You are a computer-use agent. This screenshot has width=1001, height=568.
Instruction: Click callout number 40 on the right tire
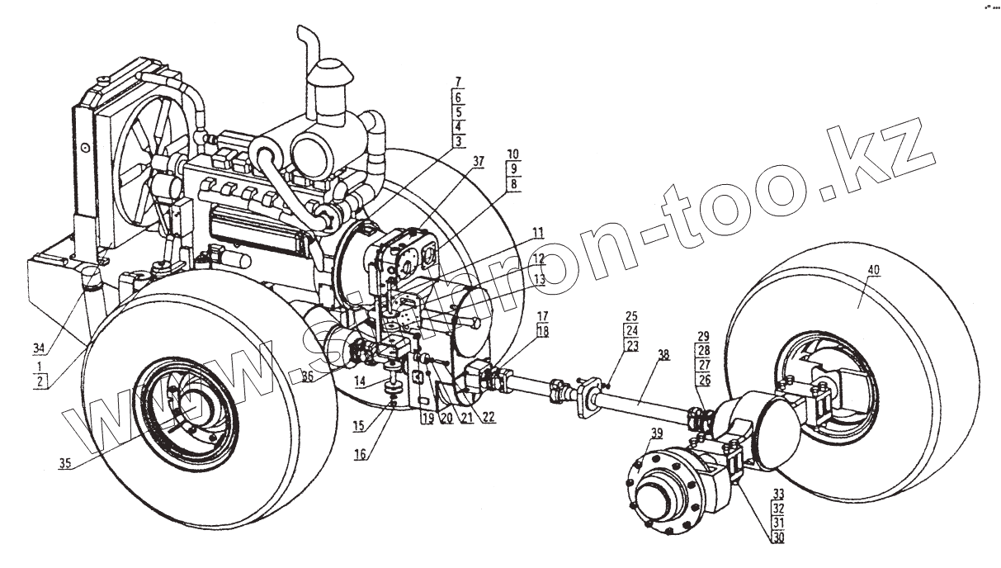[x=873, y=270]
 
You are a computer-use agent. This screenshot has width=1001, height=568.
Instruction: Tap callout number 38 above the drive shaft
[x=663, y=355]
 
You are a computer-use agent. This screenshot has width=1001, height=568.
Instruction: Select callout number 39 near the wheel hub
[x=657, y=434]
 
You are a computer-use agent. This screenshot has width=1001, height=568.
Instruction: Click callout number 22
[x=489, y=418]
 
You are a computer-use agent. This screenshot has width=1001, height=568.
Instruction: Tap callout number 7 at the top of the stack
[x=459, y=83]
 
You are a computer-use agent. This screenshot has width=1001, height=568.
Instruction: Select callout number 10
[x=513, y=154]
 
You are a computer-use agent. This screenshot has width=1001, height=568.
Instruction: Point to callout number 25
[x=631, y=317]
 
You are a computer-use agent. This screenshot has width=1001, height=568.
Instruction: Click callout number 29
[x=702, y=338]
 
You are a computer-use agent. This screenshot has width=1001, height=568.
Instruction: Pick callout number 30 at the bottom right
[x=777, y=537]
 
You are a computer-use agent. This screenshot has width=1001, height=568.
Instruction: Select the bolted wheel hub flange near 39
[x=660, y=491]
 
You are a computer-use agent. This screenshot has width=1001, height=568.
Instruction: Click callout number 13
[x=539, y=280]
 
